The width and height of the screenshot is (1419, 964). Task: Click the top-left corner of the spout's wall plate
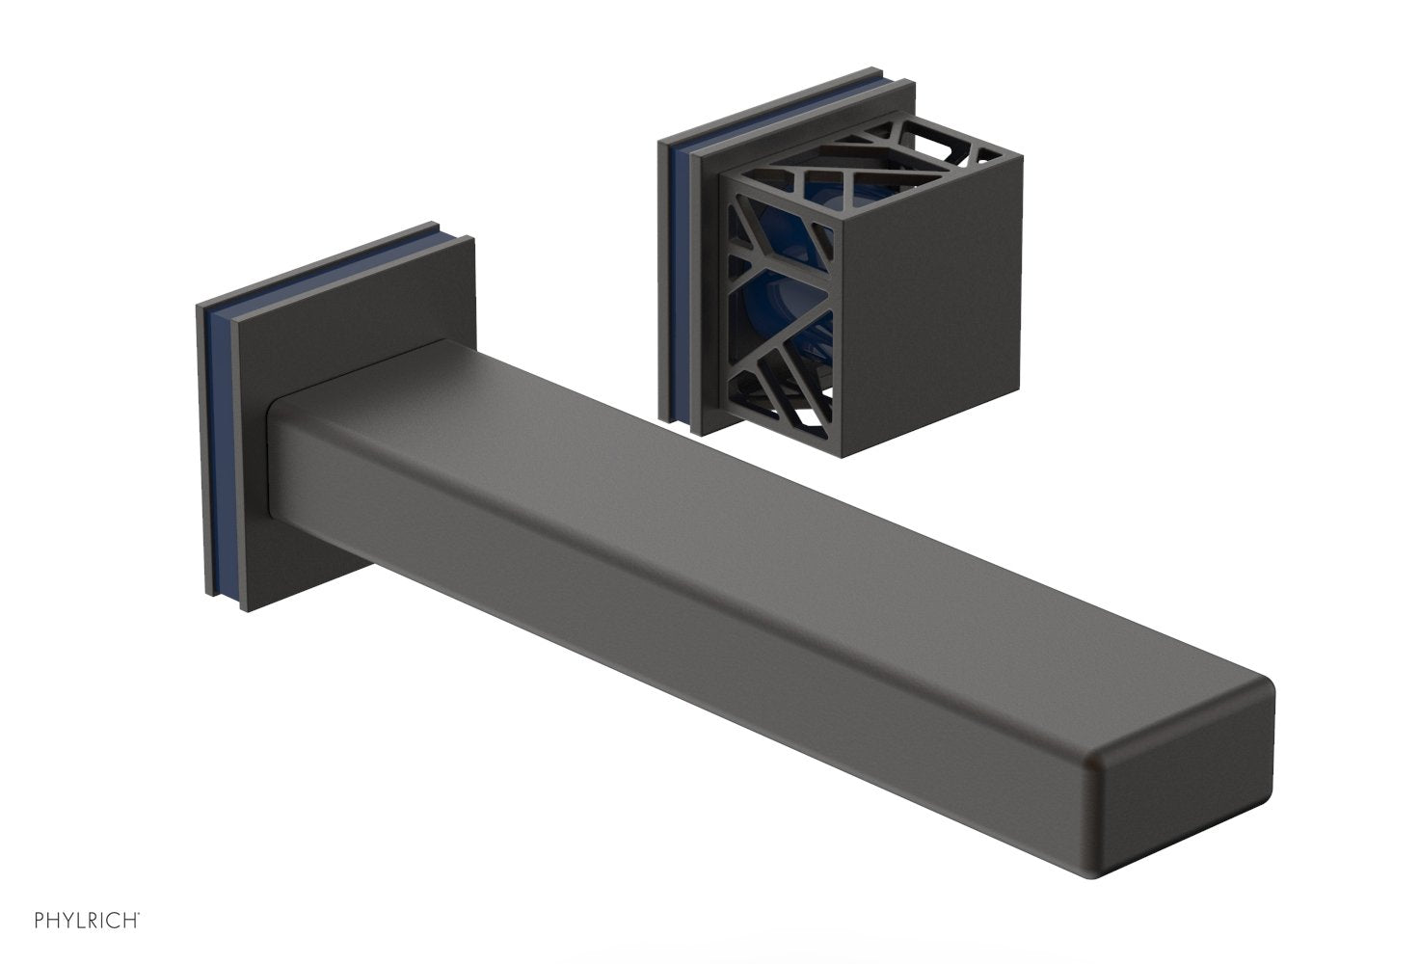click(x=200, y=307)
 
